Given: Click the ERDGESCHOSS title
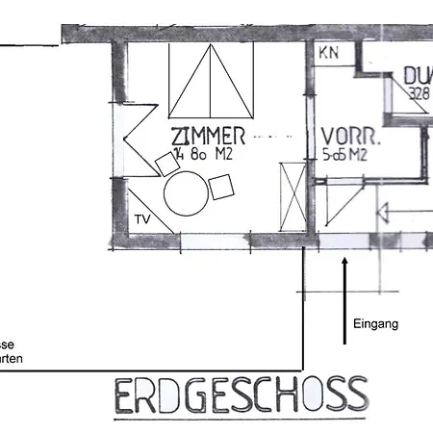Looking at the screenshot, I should (x=241, y=395).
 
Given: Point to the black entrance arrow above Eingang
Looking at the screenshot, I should (x=344, y=299).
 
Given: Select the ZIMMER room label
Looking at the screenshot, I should (x=208, y=135).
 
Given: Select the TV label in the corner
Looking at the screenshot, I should (x=141, y=219).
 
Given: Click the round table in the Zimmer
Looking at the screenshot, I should (x=186, y=193).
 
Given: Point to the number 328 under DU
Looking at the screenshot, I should (x=418, y=94).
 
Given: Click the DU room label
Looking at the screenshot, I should (x=419, y=76).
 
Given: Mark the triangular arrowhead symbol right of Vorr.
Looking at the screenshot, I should (x=380, y=214).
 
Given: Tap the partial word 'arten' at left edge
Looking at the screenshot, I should (x=12, y=360).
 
